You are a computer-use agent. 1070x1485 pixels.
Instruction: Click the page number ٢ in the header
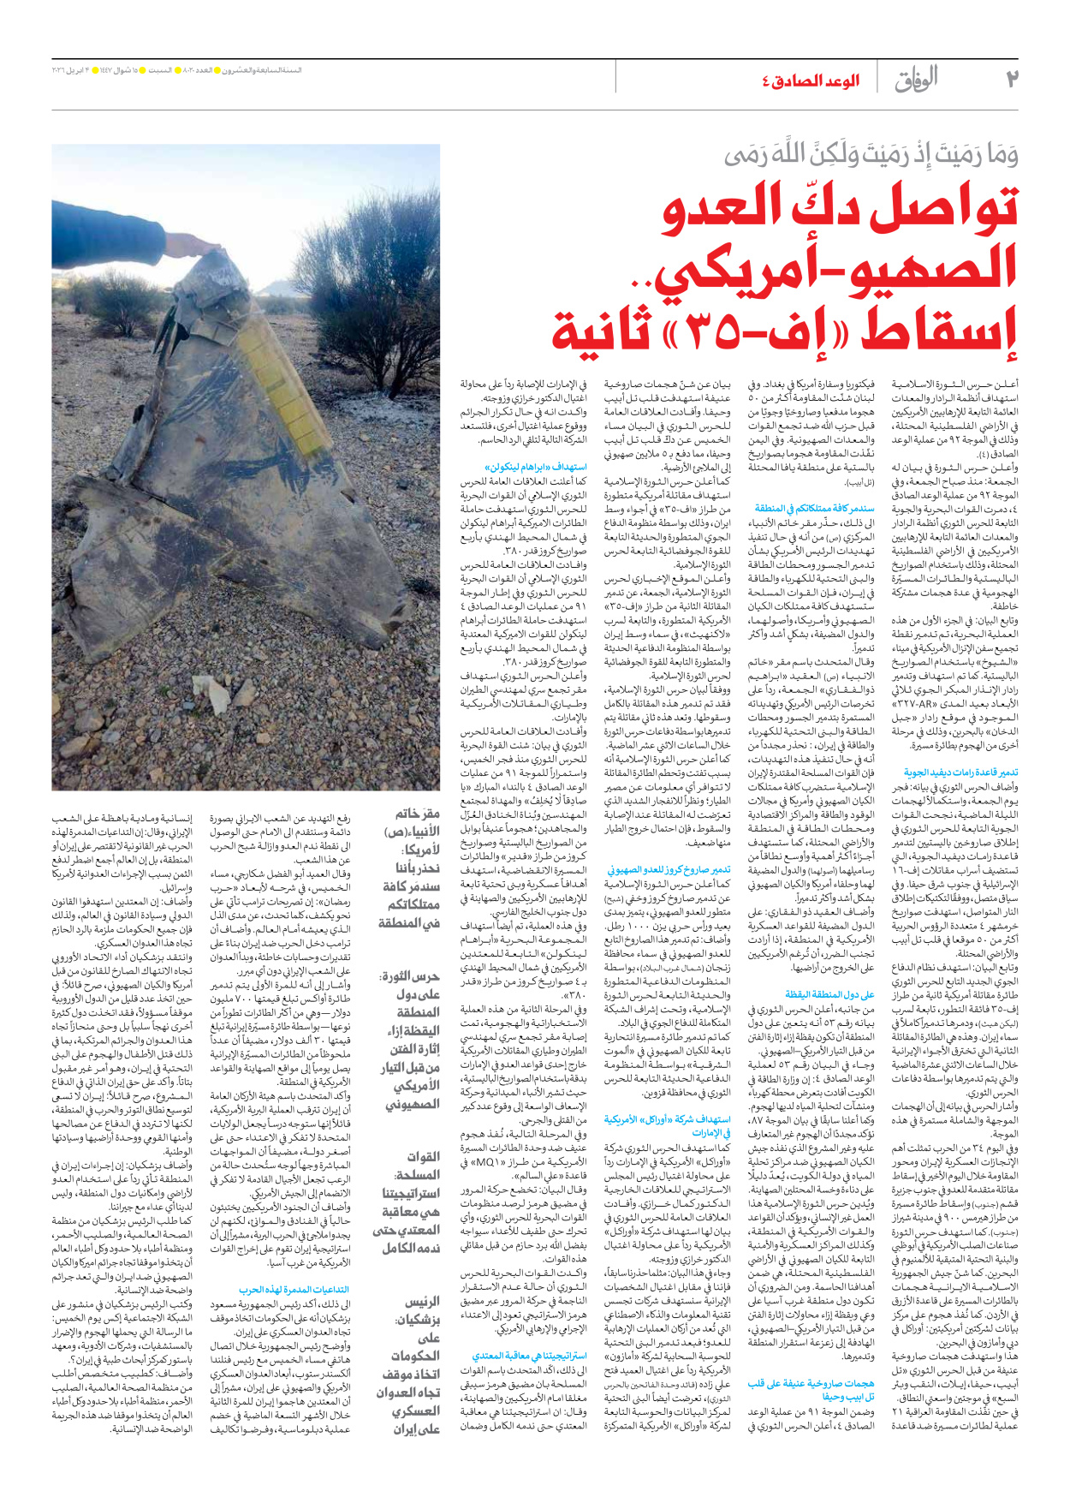(x=1012, y=80)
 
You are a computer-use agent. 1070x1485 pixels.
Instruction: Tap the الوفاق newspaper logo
(x=916, y=81)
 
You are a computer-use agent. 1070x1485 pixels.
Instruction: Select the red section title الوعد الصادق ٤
(x=810, y=81)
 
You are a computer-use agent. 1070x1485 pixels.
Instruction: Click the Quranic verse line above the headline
(x=871, y=156)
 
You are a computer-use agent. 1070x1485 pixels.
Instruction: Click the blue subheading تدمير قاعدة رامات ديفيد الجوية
(x=960, y=772)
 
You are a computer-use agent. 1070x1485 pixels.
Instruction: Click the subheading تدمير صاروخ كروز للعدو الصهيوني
(x=669, y=869)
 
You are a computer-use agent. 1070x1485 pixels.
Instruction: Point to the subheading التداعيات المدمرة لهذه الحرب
(x=294, y=1290)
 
